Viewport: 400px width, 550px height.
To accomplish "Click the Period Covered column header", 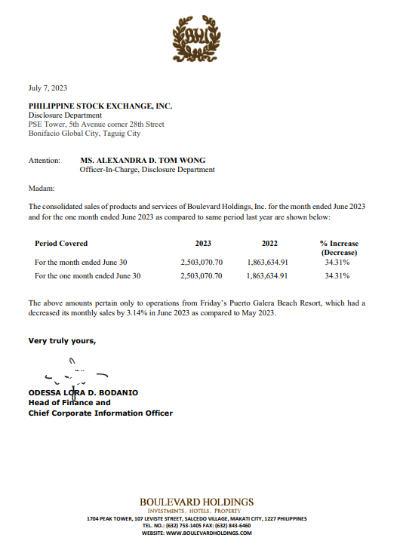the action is (x=61, y=244).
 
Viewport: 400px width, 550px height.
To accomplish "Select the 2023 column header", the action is (x=202, y=244).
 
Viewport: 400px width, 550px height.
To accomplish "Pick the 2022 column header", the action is (x=269, y=244).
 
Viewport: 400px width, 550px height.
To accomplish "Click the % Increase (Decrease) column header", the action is (x=339, y=248).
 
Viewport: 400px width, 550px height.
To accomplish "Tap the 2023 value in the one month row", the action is (x=202, y=276).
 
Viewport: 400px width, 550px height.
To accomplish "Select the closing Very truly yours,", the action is (x=63, y=341).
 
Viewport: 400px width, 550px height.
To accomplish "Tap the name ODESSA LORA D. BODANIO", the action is (x=84, y=393).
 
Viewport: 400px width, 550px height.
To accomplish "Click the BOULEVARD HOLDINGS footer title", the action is (x=196, y=502).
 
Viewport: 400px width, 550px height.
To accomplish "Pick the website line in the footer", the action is (x=196, y=533).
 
